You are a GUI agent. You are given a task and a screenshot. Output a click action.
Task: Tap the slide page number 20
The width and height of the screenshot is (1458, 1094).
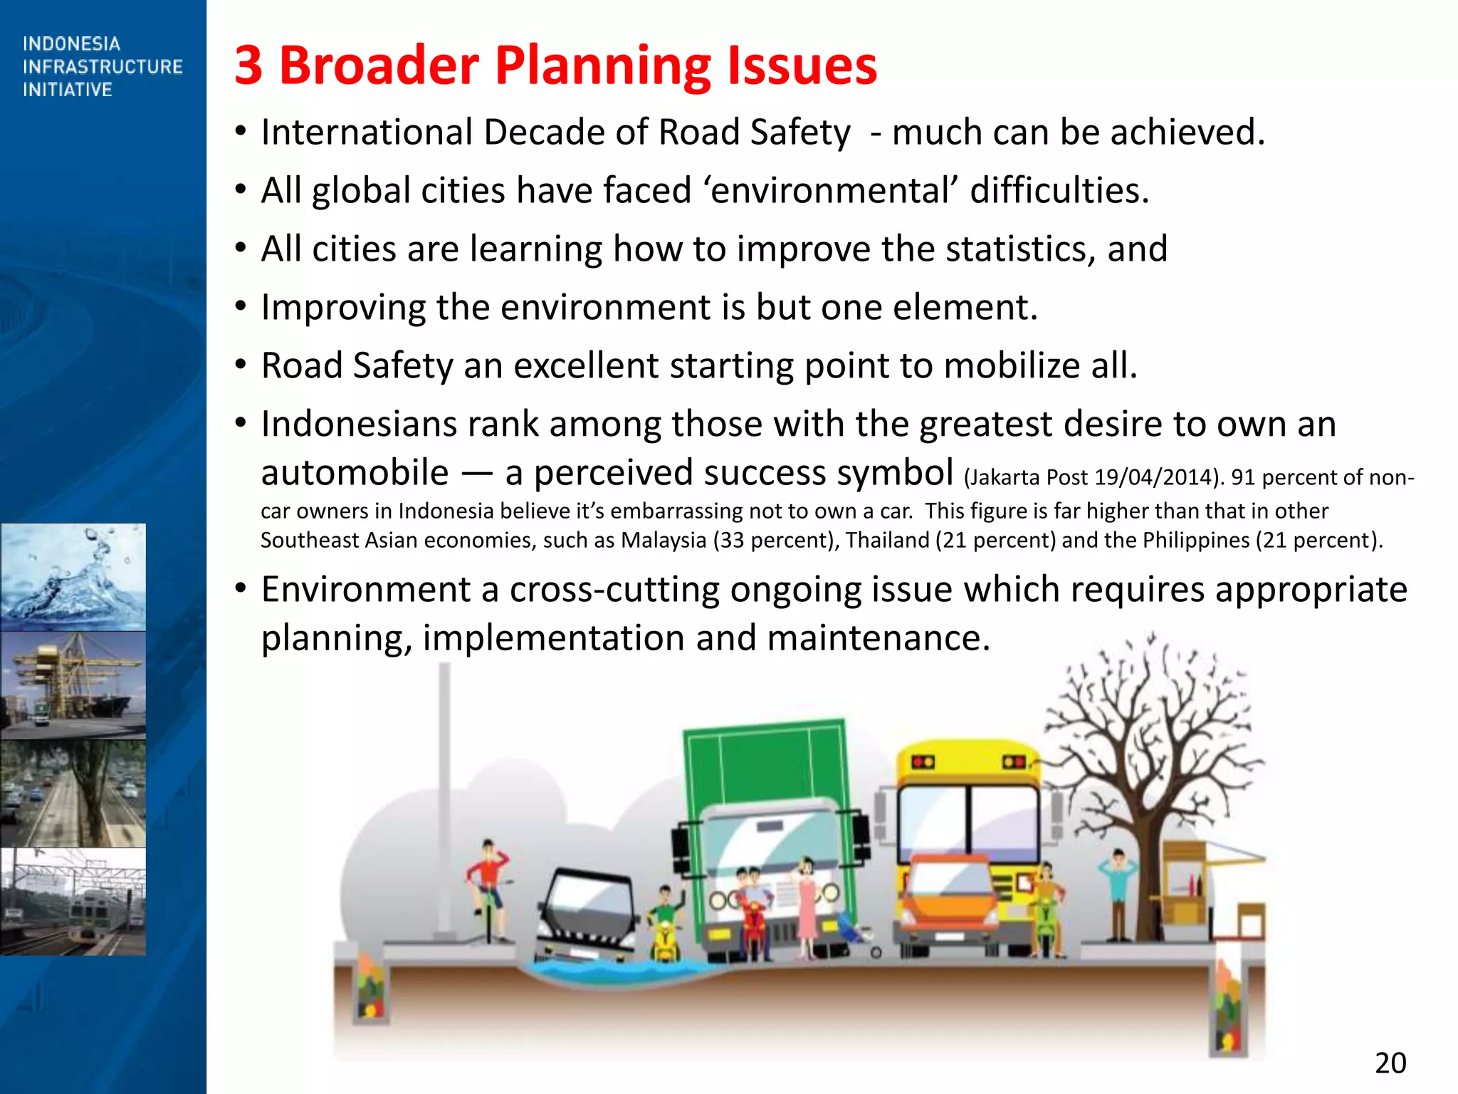pyautogui.click(x=1390, y=1063)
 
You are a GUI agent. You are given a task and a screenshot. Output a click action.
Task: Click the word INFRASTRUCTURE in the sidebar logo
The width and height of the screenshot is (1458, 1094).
pyautogui.click(x=103, y=67)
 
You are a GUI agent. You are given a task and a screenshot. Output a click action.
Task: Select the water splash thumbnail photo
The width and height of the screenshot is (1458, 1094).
pyautogui.click(x=73, y=577)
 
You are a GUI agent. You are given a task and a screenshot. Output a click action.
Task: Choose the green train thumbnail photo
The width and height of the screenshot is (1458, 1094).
pyautogui.click(x=73, y=902)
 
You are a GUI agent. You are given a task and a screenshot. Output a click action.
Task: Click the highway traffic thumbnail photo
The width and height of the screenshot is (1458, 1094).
pyautogui.click(x=73, y=793)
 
